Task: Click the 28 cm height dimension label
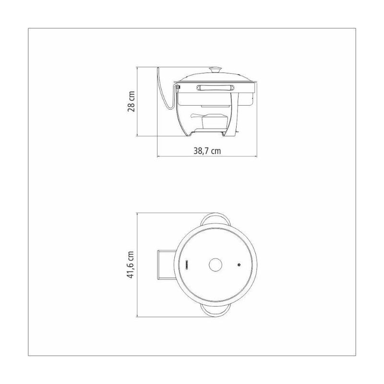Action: [x=131, y=101]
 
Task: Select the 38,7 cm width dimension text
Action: [x=207, y=151]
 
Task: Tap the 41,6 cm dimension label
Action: [x=131, y=264]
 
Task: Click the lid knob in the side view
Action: [x=216, y=70]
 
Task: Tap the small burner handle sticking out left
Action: [x=196, y=115]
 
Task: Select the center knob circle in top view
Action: [x=216, y=265]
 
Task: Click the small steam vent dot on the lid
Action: [x=239, y=265]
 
